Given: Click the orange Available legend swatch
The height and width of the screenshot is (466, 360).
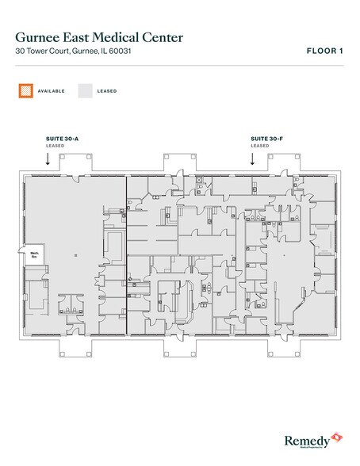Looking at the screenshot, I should tap(25, 91).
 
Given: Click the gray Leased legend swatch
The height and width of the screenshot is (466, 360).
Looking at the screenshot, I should tap(84, 91).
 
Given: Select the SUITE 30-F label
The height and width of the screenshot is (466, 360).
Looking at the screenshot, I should tap(266, 138).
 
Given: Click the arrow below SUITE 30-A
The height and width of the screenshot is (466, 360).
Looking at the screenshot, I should tap(48, 159).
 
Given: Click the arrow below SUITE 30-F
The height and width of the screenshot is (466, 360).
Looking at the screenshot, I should tap(252, 159).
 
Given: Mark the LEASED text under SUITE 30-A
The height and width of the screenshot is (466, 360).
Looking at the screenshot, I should tap(56, 146).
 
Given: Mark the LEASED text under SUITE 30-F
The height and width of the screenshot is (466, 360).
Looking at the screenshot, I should tap(259, 146).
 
